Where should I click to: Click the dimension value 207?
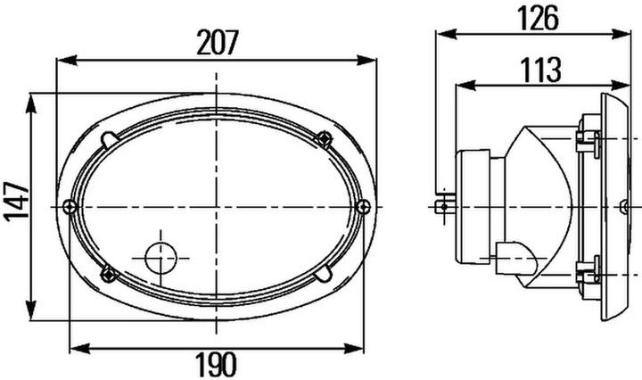(217, 42)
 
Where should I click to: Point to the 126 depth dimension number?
(538, 16)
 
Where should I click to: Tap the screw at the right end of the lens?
(362, 206)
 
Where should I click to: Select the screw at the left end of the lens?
(70, 207)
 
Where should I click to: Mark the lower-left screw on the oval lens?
(108, 272)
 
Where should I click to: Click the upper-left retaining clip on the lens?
(109, 140)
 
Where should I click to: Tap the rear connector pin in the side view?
(441, 207)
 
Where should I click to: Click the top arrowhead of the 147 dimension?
(32, 98)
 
